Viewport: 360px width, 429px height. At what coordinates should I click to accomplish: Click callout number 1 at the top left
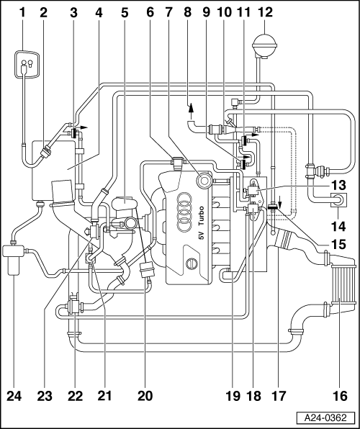tap(22, 12)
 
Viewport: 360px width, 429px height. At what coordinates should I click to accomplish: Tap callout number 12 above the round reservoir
tap(264, 12)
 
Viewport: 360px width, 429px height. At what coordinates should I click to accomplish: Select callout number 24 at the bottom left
tap(14, 395)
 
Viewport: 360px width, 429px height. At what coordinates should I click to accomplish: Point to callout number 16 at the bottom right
tap(341, 395)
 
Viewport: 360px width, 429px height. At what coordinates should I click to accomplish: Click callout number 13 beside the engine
tap(339, 185)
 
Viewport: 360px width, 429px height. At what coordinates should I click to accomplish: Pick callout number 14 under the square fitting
tap(339, 226)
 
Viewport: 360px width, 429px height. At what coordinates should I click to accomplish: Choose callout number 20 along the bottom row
tap(145, 395)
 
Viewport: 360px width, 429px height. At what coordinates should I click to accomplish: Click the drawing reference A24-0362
tap(325, 417)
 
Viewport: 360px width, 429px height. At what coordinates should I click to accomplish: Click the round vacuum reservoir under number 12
tap(264, 45)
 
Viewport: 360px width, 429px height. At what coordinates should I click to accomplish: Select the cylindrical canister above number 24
tap(14, 259)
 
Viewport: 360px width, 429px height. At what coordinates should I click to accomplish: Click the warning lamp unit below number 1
tap(27, 64)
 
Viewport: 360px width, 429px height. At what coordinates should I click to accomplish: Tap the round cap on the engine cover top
tap(204, 181)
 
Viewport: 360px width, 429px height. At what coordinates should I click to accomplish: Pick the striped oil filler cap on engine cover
tap(192, 263)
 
